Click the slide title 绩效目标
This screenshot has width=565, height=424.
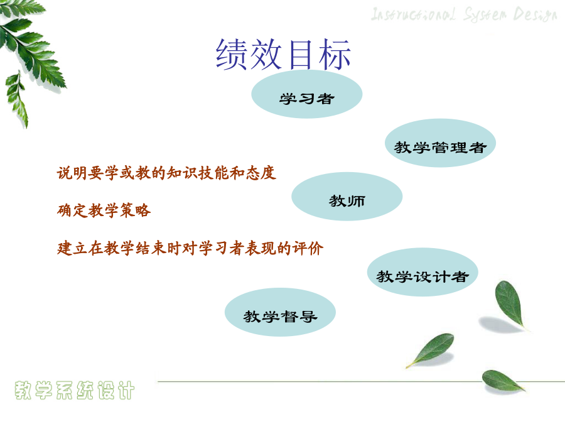pyautogui.click(x=283, y=54)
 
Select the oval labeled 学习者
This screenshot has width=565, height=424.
pyautogui.click(x=306, y=94)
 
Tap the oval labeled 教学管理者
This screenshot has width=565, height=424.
pyautogui.click(x=440, y=143)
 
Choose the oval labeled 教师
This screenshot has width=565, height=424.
pyautogui.click(x=347, y=197)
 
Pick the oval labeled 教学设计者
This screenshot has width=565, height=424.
pyautogui.click(x=422, y=272)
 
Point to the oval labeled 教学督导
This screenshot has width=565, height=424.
pyautogui.click(x=281, y=312)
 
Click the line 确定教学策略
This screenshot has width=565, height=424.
pyautogui.click(x=104, y=210)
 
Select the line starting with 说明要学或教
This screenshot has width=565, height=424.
pyautogui.click(x=166, y=173)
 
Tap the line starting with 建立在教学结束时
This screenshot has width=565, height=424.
pyautogui.click(x=190, y=248)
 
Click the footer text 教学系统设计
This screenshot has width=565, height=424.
pyautogui.click(x=75, y=390)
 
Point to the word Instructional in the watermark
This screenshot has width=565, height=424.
pyautogui.click(x=413, y=14)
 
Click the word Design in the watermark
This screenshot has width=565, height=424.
pyautogui.click(x=535, y=15)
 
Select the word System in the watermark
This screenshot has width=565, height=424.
pyautogui.click(x=485, y=15)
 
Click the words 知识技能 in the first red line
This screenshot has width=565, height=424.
pyautogui.click(x=198, y=173)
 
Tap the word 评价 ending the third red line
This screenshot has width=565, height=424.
pyautogui.click(x=308, y=248)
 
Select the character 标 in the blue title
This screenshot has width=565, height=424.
pyautogui.click(x=335, y=54)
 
